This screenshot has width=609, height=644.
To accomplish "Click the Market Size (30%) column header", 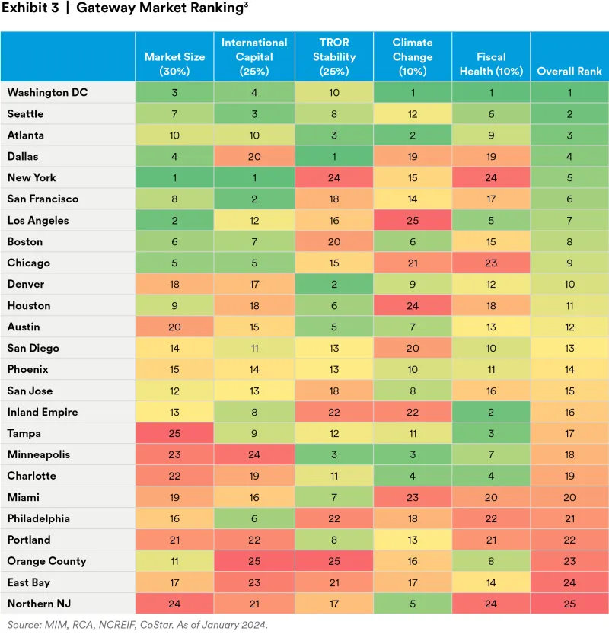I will point(174,64).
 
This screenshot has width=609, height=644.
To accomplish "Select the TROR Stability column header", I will point(333,57).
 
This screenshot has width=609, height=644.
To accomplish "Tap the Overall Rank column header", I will point(569,71).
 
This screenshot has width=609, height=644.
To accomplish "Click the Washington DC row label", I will point(47,92).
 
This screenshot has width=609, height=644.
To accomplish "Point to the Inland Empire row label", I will point(43,412).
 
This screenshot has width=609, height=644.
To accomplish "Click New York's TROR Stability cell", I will point(333,177).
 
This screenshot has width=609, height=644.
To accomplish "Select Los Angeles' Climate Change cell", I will point(413,220).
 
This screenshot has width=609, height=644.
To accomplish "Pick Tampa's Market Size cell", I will point(174,433).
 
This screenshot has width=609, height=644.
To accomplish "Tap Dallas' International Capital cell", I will point(254,156).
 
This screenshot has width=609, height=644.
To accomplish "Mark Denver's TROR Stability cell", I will point(333,284).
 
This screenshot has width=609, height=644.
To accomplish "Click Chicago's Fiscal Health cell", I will point(491,263).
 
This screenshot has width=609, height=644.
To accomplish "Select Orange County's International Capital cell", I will point(254,561).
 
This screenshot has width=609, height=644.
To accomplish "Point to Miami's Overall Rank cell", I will point(569,497).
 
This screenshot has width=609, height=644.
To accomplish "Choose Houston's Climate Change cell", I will point(413,305).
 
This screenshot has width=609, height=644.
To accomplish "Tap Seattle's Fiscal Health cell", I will point(491,113).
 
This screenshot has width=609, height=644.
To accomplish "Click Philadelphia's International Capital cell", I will point(254,518).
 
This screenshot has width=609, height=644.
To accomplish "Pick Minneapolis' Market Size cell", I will point(174,454).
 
